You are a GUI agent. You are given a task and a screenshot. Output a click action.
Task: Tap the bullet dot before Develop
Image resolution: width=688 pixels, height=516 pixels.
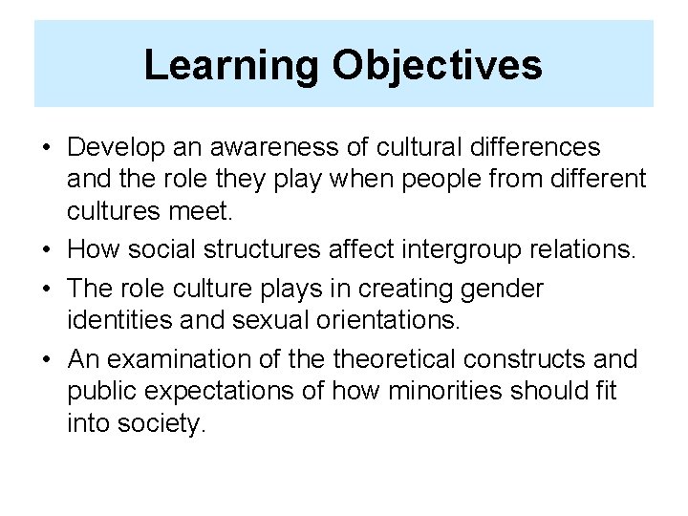pyautogui.click(x=47, y=148)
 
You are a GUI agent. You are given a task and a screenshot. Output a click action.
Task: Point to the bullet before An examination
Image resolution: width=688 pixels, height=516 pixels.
pyautogui.click(x=47, y=360)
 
